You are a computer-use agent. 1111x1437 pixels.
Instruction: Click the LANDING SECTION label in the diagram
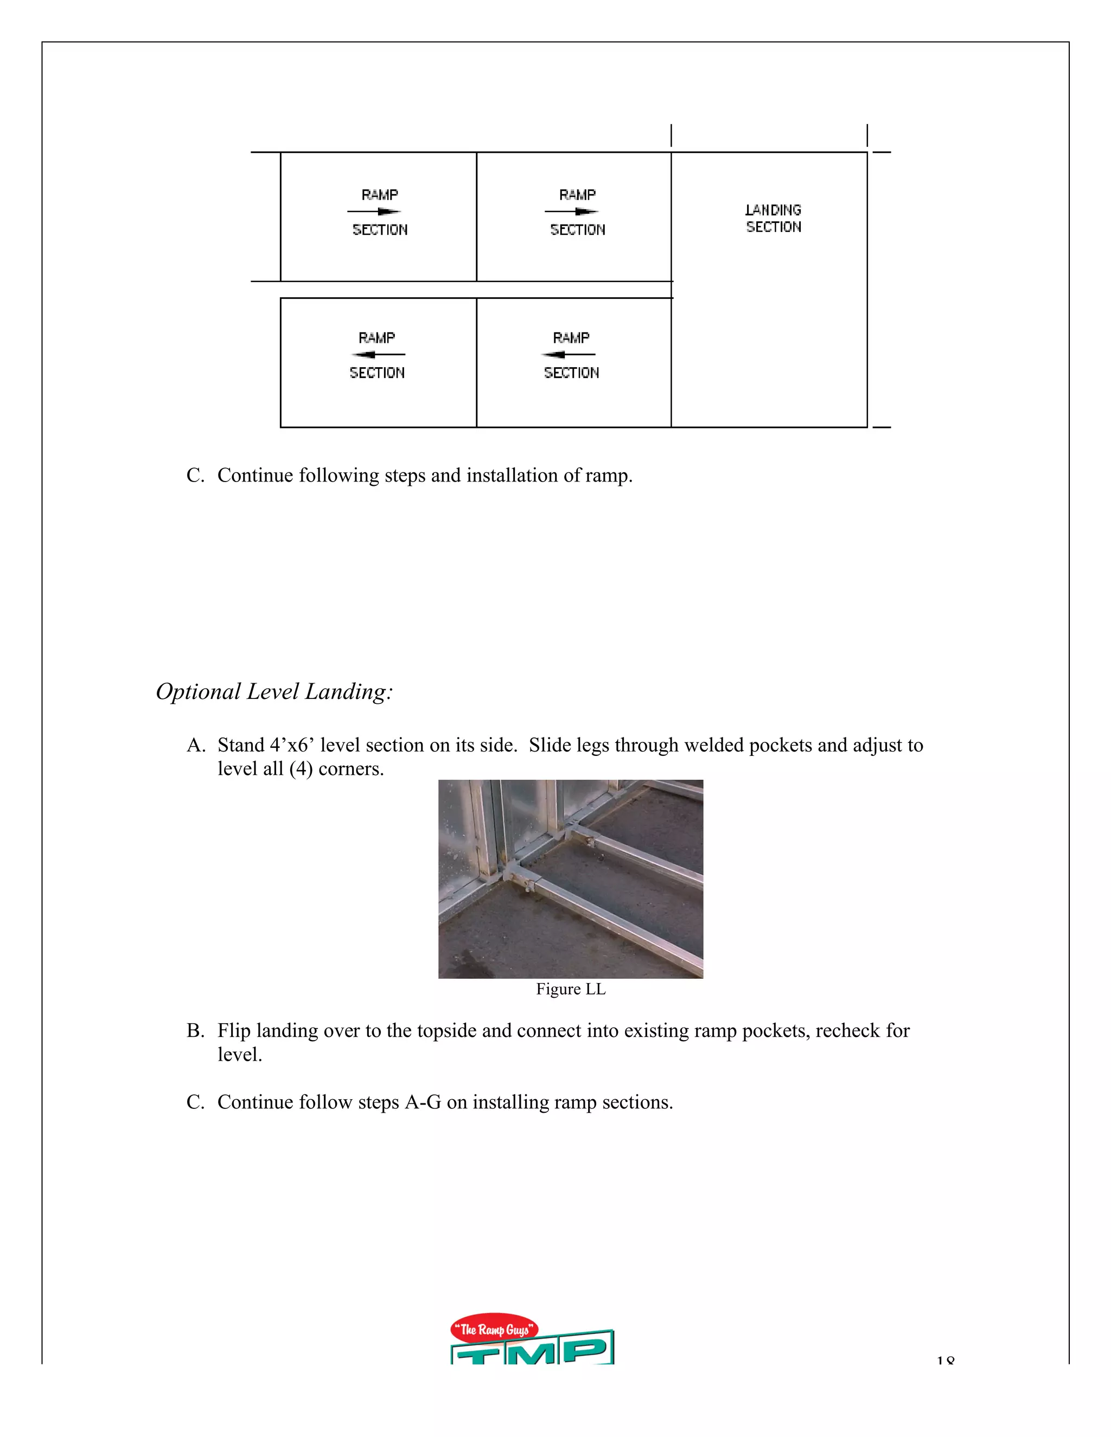coord(774,219)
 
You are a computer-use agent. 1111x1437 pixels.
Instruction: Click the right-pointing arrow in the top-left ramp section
coord(374,212)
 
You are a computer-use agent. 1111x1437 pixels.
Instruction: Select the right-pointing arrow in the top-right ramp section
coord(572,212)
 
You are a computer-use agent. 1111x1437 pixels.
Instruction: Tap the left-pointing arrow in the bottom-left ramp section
coord(379,355)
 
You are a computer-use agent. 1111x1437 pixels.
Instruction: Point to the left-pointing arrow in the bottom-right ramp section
coord(569,355)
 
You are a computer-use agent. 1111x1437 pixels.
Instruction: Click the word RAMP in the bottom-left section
coord(376,337)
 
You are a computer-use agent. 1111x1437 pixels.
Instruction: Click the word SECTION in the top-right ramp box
coord(578,229)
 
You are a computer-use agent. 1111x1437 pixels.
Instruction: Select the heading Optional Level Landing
coord(274,691)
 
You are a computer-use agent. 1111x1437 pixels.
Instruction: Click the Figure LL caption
coord(570,989)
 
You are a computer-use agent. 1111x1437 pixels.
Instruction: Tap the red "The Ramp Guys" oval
coord(494,1330)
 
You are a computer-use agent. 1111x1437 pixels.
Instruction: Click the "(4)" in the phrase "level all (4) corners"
coord(301,768)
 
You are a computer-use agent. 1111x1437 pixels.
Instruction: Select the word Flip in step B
coord(234,1030)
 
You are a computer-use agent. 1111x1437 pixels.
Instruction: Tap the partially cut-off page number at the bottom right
coord(945,1360)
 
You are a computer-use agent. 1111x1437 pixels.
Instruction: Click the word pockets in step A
coord(781,745)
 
